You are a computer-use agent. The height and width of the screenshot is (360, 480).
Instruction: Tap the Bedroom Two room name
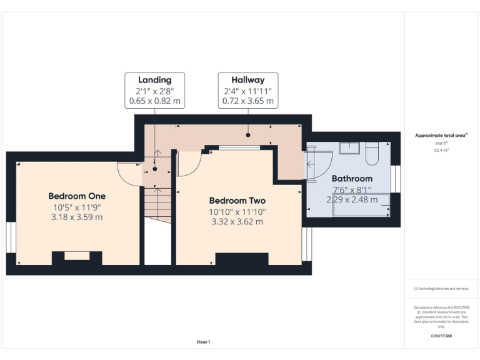point(237,201)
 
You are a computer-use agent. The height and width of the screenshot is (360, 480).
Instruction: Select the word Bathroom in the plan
point(352,178)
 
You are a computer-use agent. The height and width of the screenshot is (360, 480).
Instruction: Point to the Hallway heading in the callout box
point(248,80)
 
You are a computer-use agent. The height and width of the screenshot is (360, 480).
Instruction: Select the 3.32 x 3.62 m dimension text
point(237,222)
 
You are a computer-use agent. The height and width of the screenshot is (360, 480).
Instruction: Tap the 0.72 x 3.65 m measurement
point(248,100)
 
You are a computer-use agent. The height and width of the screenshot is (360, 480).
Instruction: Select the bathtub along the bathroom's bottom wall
point(361,206)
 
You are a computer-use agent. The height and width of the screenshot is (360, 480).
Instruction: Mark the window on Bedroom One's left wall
point(11,237)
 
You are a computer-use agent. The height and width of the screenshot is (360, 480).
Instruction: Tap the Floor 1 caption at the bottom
point(203,342)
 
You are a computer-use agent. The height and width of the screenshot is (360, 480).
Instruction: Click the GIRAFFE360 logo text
point(441,336)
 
